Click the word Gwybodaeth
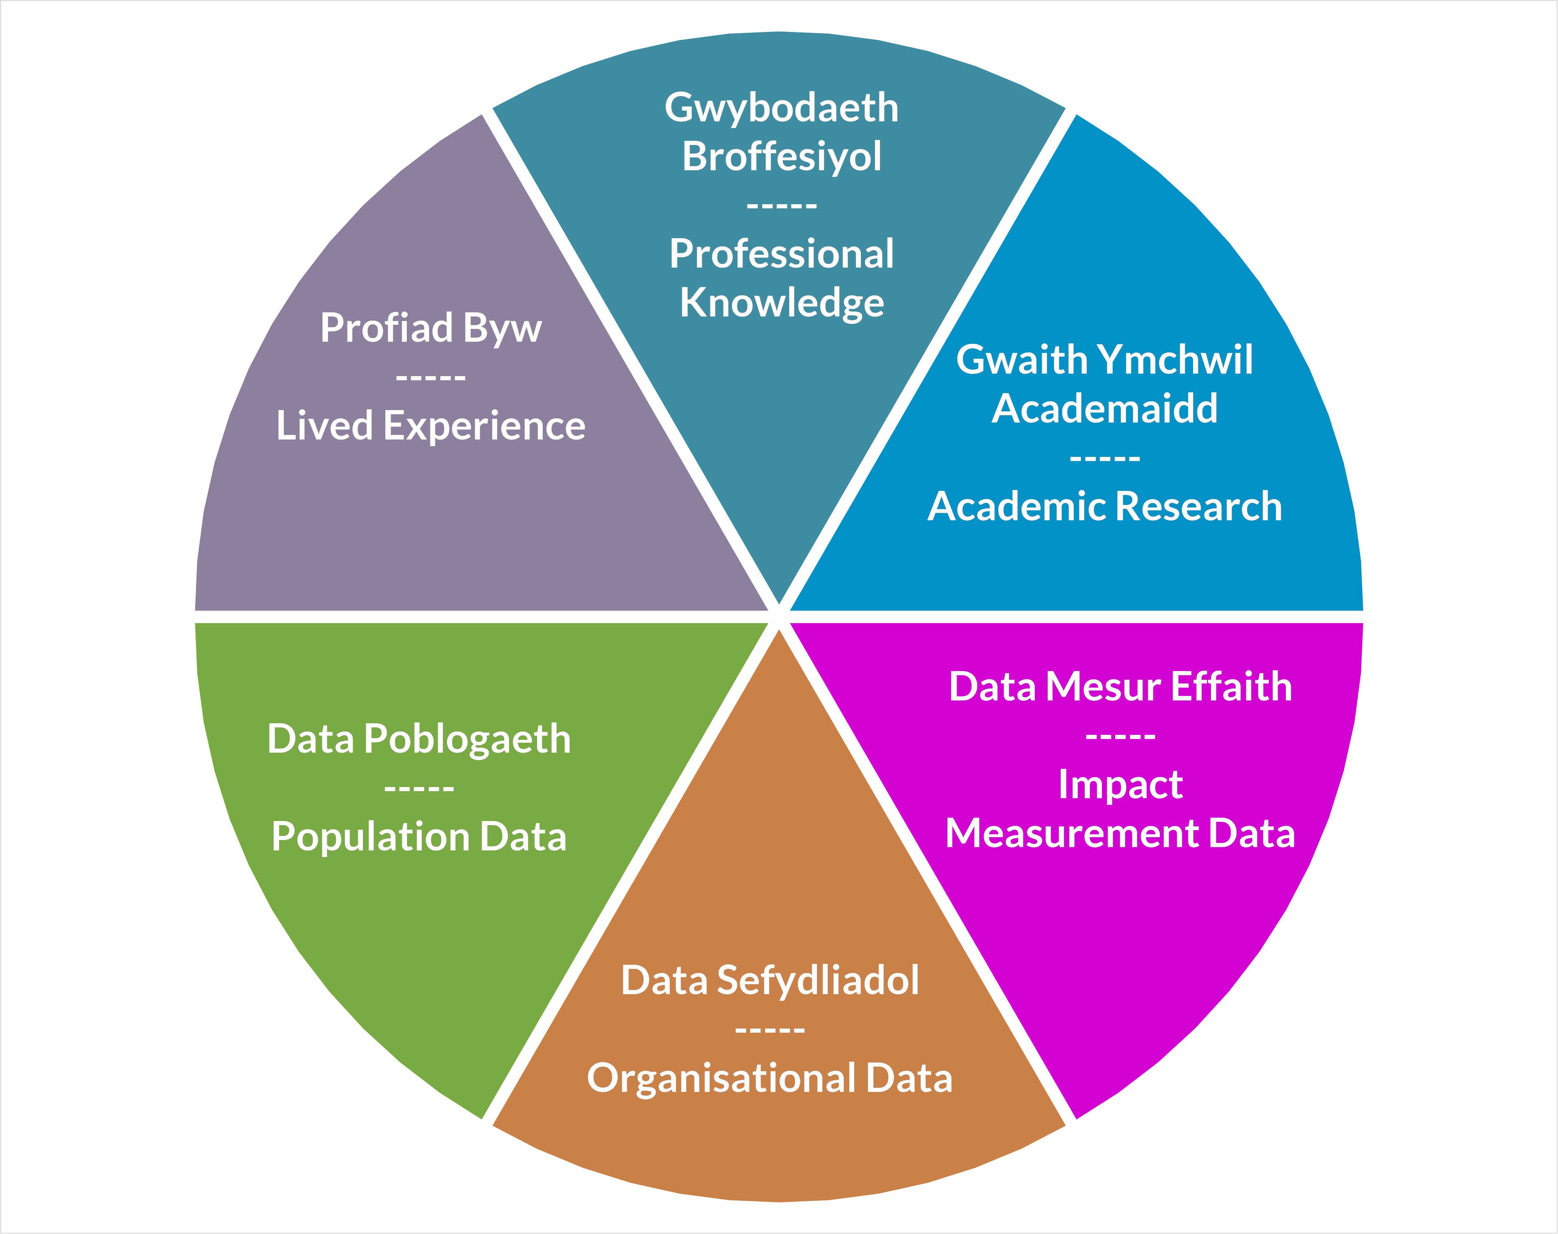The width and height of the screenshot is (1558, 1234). click(781, 109)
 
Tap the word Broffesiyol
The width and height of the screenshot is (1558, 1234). click(781, 157)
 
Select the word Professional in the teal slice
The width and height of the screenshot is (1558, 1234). click(781, 254)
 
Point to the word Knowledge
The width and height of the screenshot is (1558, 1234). click(781, 303)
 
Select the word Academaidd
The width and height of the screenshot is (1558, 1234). click(1104, 409)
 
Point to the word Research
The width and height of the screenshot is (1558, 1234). click(1203, 507)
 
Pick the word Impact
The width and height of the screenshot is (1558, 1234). click(1120, 785)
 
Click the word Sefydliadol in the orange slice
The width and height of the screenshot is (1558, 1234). click(818, 981)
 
